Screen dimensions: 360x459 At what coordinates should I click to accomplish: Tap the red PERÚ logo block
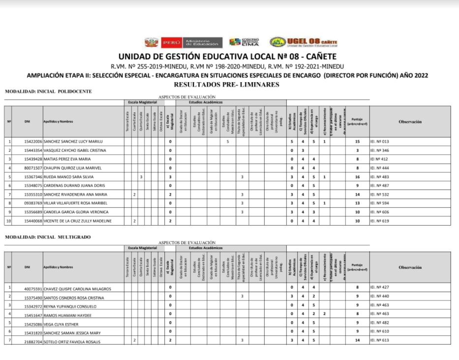170,43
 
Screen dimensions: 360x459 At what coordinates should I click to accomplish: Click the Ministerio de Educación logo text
202,43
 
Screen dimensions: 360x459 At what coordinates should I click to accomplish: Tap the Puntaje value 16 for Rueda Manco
357,177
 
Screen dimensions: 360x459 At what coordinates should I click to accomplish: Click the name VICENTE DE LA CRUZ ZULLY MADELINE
78,221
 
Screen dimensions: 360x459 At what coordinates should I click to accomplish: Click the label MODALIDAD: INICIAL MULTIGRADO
48,237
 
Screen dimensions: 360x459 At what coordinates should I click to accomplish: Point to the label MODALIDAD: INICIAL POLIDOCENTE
48,92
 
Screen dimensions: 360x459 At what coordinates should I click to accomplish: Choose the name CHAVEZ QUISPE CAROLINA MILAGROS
77,289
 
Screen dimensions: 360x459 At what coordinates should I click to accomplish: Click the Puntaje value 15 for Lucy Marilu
357,141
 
